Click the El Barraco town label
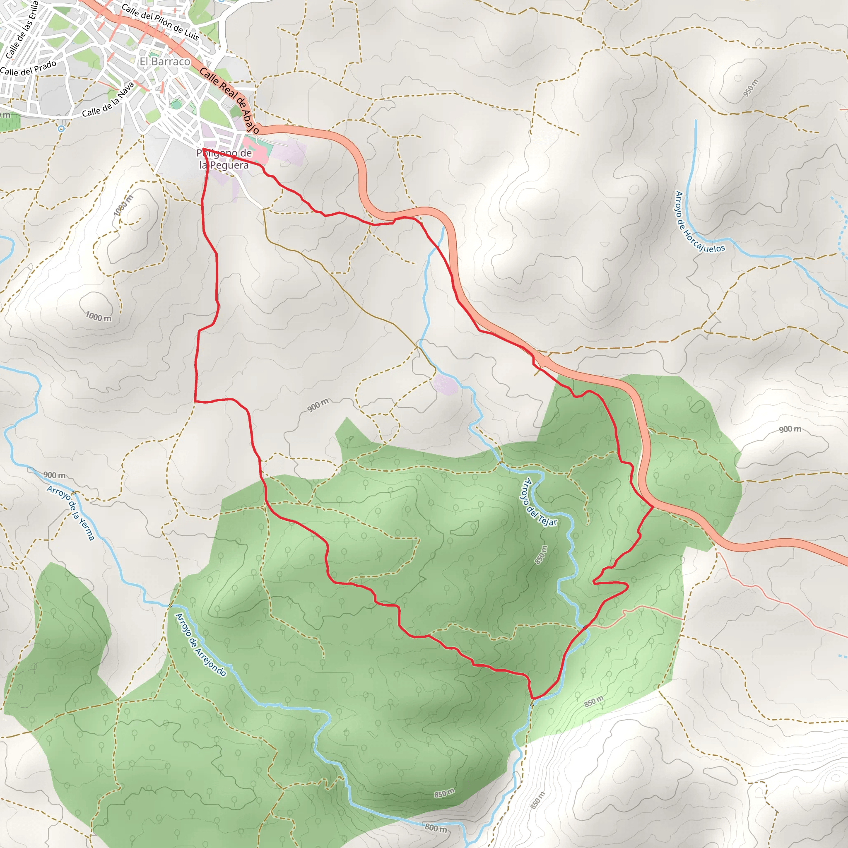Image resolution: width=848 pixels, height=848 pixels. coord(165,61)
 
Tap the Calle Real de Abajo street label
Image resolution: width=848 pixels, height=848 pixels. coord(229,100)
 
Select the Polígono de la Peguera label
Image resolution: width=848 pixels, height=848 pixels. coord(224,159)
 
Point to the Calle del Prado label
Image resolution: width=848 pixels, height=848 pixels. coord(29,68)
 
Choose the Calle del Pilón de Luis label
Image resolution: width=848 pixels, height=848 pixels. coord(160,22)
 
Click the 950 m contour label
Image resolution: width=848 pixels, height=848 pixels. coord(751,88)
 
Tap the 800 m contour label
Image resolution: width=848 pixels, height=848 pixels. coord(436,828)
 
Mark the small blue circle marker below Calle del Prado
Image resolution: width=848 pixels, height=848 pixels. coord(61,129)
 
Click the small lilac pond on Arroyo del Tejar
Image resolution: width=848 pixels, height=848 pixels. coord(446,385)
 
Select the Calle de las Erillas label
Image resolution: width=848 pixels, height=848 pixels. coord(22,29)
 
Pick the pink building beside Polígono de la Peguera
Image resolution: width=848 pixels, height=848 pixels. coord(257,152)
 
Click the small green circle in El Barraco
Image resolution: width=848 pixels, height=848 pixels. coord(176,104)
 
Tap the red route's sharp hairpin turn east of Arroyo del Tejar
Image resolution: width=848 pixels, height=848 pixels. coord(594,583)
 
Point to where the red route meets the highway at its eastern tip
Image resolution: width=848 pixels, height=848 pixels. coord(653,507)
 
